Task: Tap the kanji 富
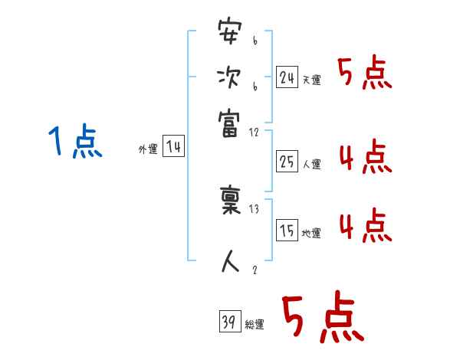[x=229, y=120]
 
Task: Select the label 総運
[x=254, y=326]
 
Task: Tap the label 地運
[x=311, y=234]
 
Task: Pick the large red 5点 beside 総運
[x=320, y=319]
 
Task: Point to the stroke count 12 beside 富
[x=255, y=133]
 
